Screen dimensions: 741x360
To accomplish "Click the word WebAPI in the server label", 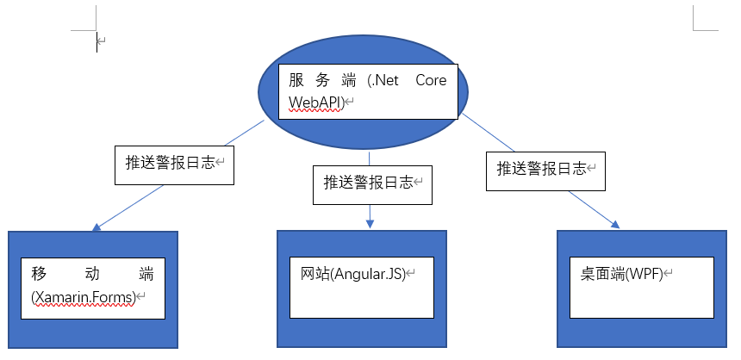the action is point(315,102).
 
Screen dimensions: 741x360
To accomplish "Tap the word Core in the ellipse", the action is point(431,80).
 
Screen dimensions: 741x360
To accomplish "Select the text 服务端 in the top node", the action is point(322,80).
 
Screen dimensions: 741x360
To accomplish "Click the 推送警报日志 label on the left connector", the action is point(170,163).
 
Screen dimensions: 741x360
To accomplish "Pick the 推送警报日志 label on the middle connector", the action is point(368,183).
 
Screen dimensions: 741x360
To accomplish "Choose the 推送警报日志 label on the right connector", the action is point(542,169).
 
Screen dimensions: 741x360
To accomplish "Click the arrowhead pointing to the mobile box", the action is point(97,227).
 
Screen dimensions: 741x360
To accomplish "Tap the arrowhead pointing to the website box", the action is point(370,224).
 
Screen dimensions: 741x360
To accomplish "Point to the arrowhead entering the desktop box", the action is point(615,224).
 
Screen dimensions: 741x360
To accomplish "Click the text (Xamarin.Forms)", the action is point(84,298).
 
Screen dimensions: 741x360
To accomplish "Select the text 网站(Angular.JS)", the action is point(353,274).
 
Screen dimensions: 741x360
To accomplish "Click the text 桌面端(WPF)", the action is point(622,274).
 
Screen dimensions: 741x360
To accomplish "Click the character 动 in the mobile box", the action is point(92,274).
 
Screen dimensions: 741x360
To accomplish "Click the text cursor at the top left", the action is point(97,42).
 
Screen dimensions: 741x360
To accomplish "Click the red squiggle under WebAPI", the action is point(315,110).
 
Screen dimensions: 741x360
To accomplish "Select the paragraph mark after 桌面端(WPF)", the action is point(669,274).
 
